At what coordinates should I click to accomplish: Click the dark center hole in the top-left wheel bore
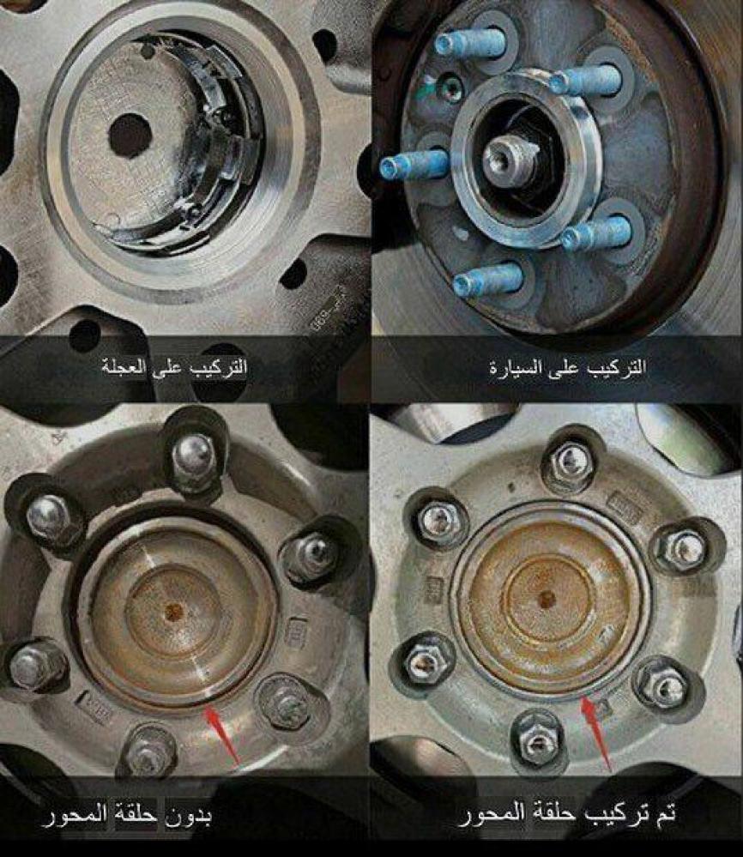(130, 136)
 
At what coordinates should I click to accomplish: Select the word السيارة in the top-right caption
(513, 368)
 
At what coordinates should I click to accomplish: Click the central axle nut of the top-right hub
(502, 160)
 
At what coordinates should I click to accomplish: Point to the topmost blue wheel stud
(471, 42)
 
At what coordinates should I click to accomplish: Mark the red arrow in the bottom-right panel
(596, 733)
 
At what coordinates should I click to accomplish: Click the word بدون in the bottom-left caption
(187, 817)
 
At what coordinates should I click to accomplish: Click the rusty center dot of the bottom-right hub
(545, 599)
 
